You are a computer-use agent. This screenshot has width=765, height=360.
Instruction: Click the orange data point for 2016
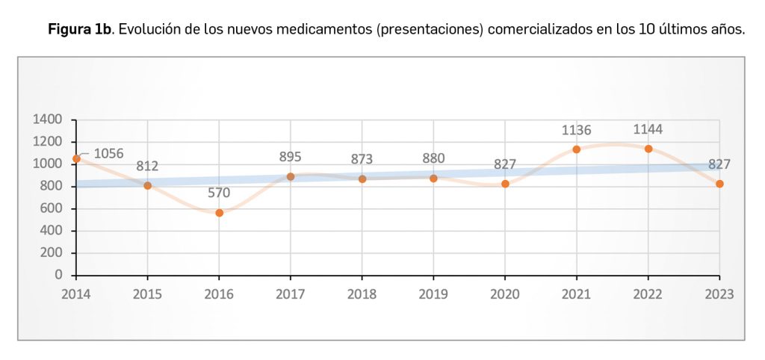(220, 213)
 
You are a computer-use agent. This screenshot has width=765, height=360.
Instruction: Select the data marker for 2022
(648, 149)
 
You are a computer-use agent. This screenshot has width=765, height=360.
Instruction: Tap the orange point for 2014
(76, 158)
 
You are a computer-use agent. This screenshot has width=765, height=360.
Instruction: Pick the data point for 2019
(433, 179)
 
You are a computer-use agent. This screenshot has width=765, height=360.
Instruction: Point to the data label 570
(219, 193)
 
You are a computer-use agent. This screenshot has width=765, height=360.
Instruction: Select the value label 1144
(647, 129)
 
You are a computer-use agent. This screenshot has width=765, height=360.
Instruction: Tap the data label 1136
(576, 131)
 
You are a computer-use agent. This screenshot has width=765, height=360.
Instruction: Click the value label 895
(290, 157)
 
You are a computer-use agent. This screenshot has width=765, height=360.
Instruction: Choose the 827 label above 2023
(719, 164)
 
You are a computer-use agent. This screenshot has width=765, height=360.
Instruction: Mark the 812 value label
(147, 166)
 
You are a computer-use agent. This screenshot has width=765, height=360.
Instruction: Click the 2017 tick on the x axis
(291, 294)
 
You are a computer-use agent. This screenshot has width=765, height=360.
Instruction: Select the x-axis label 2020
(505, 294)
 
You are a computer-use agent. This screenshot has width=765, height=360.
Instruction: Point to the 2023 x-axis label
(719, 294)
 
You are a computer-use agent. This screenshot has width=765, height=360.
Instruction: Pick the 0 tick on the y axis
(59, 276)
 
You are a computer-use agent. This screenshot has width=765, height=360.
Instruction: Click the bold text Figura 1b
(79, 30)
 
